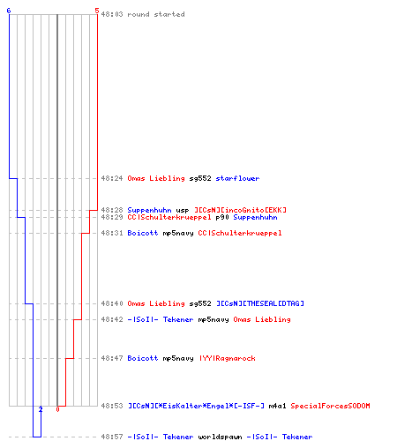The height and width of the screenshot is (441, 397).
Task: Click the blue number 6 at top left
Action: coord(9,11)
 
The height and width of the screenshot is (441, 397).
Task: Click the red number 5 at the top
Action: coord(97,11)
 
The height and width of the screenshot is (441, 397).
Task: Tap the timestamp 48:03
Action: coord(112,14)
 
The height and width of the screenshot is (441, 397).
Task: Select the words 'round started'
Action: coord(156,14)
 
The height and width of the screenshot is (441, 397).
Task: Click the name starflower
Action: coord(237,178)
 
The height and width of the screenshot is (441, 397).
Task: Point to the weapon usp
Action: coord(183,210)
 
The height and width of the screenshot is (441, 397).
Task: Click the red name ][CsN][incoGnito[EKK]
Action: coord(240,210)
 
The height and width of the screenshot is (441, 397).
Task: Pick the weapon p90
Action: coord(222,217)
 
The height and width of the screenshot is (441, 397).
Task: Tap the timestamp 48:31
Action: coord(112,233)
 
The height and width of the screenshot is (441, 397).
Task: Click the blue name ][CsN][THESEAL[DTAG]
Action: coord(260,303)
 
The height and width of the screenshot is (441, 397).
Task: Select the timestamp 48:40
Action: coord(112,303)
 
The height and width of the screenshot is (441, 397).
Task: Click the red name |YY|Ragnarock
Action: coord(228,358)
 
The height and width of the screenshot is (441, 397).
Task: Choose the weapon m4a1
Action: coord(277,406)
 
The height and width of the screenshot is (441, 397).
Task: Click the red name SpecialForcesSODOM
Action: coord(330,406)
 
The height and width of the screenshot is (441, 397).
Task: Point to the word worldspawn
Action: coord(220,437)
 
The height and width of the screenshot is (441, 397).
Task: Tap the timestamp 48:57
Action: coord(112,437)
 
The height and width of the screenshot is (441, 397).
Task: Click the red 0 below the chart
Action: coord(57,409)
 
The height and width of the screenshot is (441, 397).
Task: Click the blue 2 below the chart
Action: coord(41,409)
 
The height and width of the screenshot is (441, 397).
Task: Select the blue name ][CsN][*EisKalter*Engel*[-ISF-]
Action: coord(196,406)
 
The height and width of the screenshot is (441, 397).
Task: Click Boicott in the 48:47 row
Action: coord(143,358)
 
